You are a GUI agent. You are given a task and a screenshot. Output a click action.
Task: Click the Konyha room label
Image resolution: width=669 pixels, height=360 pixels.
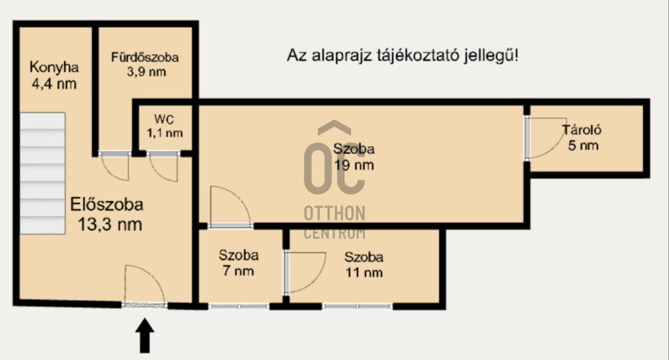pos(53,68)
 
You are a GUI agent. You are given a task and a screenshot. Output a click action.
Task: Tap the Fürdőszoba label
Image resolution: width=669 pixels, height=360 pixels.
pos(145,57)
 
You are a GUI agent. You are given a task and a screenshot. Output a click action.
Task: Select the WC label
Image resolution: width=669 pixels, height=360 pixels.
pos(164,118)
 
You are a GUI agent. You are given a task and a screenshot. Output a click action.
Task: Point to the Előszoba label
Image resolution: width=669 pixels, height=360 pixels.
pos(107,204)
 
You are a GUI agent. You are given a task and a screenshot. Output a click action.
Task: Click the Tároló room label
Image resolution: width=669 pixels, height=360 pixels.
pos(581,130)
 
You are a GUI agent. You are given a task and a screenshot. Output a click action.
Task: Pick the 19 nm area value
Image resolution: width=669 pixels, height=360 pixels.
pos(354,165)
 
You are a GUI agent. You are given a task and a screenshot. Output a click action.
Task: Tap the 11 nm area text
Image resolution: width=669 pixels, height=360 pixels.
pos(363,272)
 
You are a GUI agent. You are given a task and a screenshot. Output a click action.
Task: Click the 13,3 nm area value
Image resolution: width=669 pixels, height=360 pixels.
pos(109,224)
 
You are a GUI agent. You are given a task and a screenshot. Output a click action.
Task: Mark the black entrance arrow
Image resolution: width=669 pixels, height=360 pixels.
pos(145,336)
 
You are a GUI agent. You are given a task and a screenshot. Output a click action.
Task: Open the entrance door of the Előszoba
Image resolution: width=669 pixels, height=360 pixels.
pos(144,287)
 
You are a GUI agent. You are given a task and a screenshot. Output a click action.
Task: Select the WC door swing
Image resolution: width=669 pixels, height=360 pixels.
pos(163,168)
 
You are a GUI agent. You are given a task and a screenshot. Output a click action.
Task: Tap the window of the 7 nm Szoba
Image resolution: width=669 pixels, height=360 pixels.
pos(238,306)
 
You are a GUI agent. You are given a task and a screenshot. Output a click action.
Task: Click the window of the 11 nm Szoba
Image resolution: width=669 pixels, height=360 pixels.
pos(357,306)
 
